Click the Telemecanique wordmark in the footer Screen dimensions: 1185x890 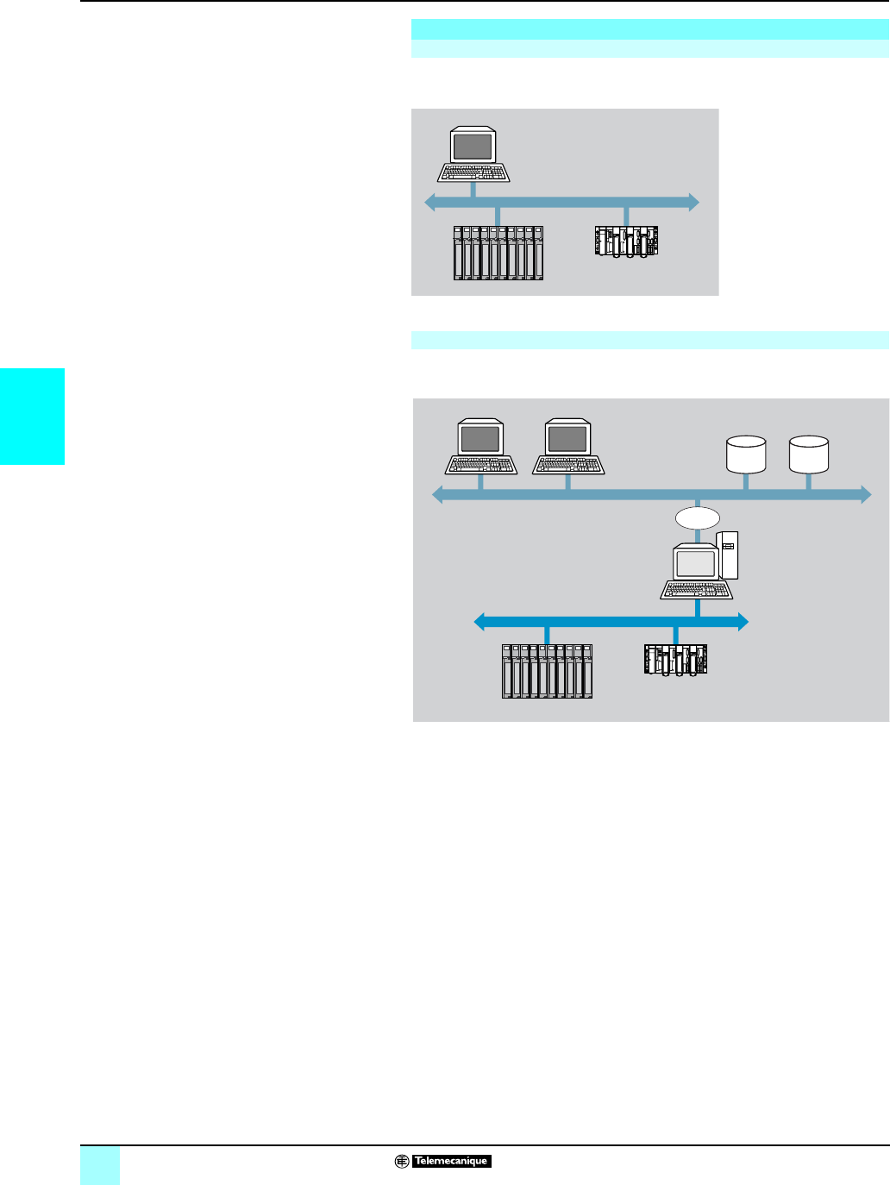pyautogui.click(x=451, y=1161)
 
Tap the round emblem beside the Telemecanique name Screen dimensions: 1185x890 pyautogui.click(x=402, y=1161)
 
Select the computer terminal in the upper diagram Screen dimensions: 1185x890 pyautogui.click(x=473, y=155)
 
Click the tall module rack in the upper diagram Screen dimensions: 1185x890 pyautogui.click(x=498, y=253)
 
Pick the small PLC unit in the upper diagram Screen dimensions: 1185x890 pyautogui.click(x=626, y=241)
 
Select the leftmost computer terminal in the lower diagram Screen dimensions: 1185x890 pyautogui.click(x=480, y=447)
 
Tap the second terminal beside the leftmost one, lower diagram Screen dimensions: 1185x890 pyautogui.click(x=567, y=447)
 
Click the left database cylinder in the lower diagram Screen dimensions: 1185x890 pyautogui.click(x=746, y=455)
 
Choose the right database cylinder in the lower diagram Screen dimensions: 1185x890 pyautogui.click(x=809, y=455)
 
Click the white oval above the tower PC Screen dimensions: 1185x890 pyautogui.click(x=697, y=517)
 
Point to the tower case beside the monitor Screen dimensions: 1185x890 pyautogui.click(x=728, y=555)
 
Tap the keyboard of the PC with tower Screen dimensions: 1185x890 pyautogui.click(x=697, y=590)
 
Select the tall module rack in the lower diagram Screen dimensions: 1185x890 pyautogui.click(x=547, y=671)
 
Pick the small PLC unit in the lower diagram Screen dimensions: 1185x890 pyautogui.click(x=675, y=661)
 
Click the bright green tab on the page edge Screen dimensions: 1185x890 pyautogui.click(x=32, y=417)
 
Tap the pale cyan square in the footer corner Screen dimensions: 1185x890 pyautogui.click(x=100, y=1165)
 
